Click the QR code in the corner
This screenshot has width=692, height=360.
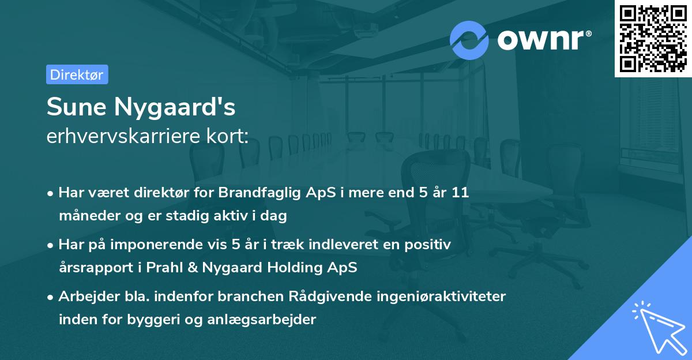coord(653,39)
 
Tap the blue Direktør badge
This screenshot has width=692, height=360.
coord(77,74)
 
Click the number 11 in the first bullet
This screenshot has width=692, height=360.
coord(460,193)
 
